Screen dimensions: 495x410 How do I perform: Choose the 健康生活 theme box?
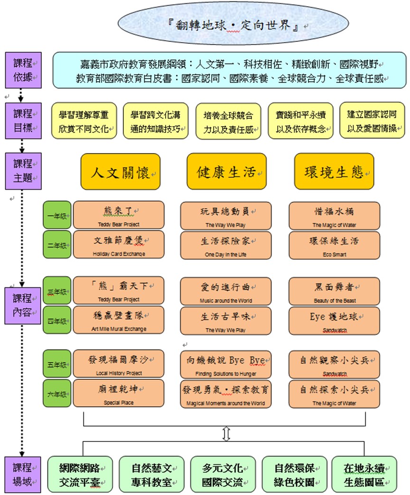[226, 172]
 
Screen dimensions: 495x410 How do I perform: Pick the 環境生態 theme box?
[334, 172]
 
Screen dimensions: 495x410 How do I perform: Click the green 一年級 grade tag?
[57, 216]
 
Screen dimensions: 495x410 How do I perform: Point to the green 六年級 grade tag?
[57, 394]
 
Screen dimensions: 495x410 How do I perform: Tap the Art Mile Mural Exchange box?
[119, 320]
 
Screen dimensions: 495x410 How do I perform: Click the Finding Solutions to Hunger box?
[226, 365]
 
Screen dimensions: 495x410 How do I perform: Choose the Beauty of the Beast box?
[335, 291]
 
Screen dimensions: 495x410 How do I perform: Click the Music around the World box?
[226, 291]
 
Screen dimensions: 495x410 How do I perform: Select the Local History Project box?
[119, 365]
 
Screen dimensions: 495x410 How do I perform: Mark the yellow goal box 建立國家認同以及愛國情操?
[372, 121]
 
